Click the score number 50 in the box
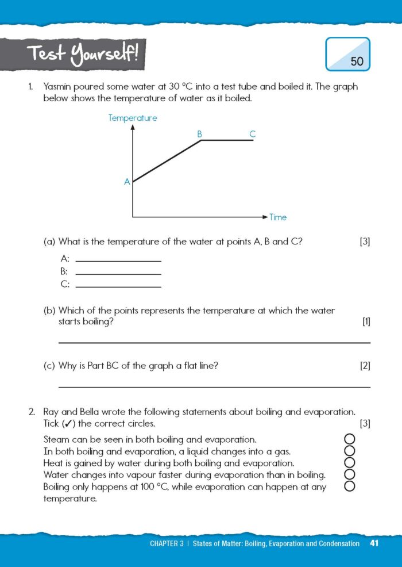[x=357, y=61]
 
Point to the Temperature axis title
[x=133, y=118]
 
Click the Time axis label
[x=278, y=217]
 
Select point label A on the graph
[x=127, y=182]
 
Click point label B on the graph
[x=200, y=134]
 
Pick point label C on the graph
[x=252, y=134]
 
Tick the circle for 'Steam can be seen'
[x=349, y=440]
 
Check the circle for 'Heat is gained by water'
[x=349, y=463]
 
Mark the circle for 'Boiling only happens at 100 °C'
[x=349, y=486]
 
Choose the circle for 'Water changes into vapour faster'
[x=349, y=474]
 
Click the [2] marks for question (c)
[x=365, y=366]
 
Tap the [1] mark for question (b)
[x=366, y=322]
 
